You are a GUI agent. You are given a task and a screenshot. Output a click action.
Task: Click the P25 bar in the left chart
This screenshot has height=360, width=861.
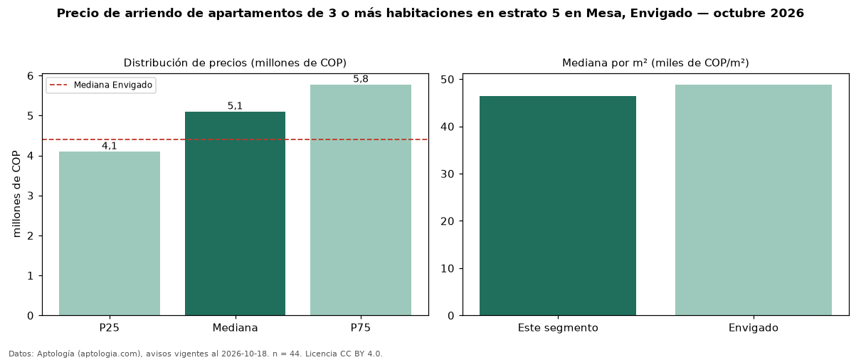[110, 233]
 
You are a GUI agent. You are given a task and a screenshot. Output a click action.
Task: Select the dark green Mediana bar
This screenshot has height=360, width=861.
[236, 213]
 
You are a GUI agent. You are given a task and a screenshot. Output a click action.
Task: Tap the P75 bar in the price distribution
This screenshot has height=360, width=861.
[361, 200]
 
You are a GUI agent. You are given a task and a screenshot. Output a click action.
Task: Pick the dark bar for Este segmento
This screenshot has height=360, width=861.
[558, 206]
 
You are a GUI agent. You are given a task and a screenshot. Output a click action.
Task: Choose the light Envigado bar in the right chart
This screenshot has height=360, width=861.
[754, 200]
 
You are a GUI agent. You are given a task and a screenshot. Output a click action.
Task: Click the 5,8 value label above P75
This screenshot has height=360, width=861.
[361, 79]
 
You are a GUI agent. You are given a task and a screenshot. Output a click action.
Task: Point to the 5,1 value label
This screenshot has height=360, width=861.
[236, 106]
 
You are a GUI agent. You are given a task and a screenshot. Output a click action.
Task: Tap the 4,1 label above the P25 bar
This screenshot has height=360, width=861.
[110, 146]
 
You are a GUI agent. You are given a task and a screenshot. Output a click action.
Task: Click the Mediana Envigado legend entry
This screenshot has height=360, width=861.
[101, 85]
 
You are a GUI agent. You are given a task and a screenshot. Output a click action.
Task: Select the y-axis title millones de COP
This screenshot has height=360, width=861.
[16, 194]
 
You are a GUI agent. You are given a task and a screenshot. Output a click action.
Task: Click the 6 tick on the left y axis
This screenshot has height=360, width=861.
[31, 76]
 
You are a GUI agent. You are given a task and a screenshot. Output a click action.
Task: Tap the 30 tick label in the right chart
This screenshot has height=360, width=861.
[448, 174]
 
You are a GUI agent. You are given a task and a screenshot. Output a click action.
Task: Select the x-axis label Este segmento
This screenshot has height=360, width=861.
[558, 328]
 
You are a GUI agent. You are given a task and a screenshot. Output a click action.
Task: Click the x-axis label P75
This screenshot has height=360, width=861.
[361, 328]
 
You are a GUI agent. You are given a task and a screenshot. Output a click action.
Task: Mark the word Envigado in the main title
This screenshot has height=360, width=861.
[661, 14]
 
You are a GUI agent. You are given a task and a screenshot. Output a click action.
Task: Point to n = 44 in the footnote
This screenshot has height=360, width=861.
[287, 354]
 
